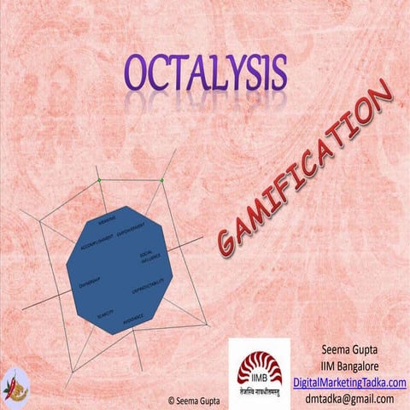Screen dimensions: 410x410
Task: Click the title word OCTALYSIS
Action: [x=206, y=74]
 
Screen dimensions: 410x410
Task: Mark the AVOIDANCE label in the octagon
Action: [x=132, y=319]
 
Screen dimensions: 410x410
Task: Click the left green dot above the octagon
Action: [x=99, y=180]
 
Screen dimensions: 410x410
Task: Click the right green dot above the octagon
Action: [x=161, y=180]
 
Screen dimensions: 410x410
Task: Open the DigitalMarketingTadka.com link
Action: [x=349, y=382]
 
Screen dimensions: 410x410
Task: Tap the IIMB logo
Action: [x=259, y=365]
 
